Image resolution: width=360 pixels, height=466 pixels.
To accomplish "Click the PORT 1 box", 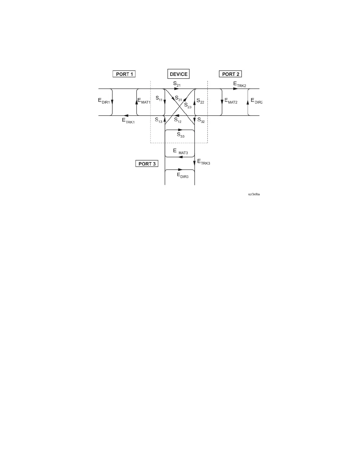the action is tap(124, 74).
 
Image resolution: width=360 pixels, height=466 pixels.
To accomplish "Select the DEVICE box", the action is tap(179, 74).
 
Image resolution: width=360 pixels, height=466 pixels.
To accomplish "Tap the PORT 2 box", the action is tap(230, 74).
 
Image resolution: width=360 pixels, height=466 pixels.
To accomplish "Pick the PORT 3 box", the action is tap(147, 164).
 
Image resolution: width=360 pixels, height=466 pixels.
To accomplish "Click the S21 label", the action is tap(177, 84).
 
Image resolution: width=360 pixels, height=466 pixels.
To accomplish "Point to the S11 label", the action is tap(159, 99).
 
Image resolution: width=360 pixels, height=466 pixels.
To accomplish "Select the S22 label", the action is tap(200, 101).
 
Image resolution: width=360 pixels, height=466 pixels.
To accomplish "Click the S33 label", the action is tap(181, 135).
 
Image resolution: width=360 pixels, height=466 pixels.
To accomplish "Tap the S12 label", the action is tap(178, 120).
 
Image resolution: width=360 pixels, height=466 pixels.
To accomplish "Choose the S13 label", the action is tap(159, 120).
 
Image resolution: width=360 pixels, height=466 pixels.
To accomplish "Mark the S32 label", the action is tap(201, 120).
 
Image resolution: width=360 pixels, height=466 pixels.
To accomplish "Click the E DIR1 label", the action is tap(104, 101).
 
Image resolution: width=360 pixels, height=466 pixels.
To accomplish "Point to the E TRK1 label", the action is tap(128, 120).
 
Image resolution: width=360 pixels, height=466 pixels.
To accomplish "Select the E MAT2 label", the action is tap(231, 101).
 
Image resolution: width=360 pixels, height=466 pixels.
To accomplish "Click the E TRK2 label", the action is tap(240, 84).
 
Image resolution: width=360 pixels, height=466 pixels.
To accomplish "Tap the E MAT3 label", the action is tap(180, 152).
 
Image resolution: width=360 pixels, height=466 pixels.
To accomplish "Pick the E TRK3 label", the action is tap(204, 162).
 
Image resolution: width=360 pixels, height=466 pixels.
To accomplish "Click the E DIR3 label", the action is tap(182, 175).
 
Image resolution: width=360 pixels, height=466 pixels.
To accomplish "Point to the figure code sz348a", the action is tap(254, 194).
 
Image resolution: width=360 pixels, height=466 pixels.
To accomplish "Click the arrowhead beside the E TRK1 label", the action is tap(126, 116).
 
